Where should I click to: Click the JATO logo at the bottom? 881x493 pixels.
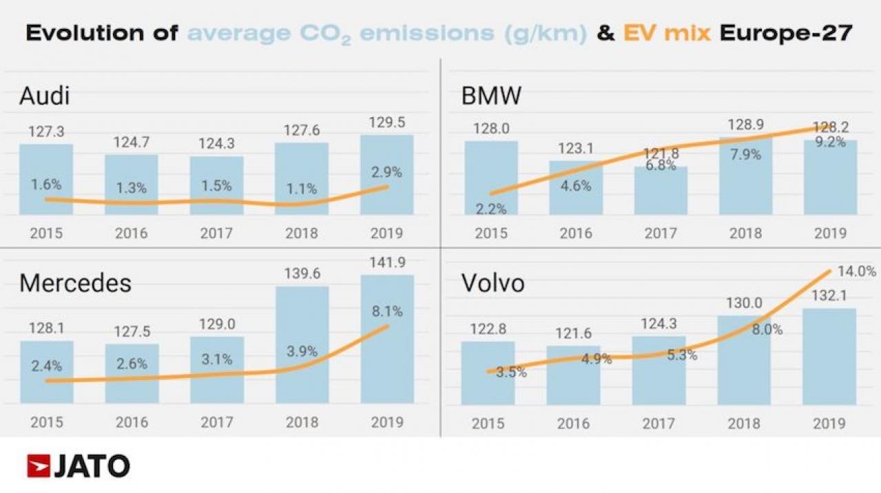coord(78,466)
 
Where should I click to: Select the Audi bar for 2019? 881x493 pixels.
coord(387,175)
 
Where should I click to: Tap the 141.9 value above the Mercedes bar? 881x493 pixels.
coord(387,263)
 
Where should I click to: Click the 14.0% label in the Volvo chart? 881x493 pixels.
coord(857,272)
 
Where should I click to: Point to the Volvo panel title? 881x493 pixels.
coord(493,283)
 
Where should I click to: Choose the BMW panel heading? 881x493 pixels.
coord(491,96)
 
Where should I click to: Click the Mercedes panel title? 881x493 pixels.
coord(75,283)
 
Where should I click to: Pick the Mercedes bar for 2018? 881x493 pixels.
coord(302,344)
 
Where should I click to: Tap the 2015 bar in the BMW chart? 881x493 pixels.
coord(491,178)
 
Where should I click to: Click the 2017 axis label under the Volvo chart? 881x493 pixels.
coord(659,423)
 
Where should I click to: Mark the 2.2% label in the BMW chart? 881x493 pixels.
coord(491,209)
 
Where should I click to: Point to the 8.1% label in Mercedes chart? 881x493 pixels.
coord(387,311)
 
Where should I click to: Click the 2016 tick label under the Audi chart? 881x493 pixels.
coord(131,233)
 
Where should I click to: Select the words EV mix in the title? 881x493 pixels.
coord(666,33)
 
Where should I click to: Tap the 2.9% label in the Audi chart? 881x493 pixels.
coord(387,171)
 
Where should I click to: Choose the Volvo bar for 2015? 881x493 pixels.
coord(488,373)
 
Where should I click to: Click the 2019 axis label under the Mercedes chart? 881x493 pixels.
coord(387,422)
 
